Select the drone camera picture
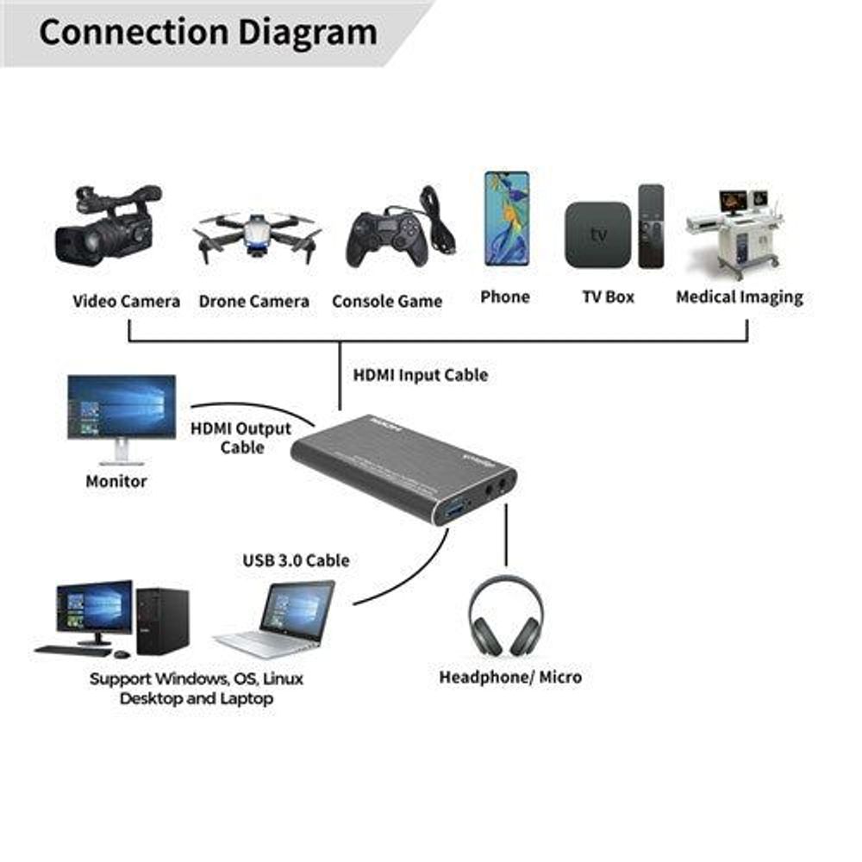[x=256, y=234]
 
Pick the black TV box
[x=597, y=234]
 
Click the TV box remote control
[x=651, y=226]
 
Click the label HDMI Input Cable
[x=420, y=375]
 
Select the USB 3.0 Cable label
[x=296, y=560]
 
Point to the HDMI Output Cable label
[x=240, y=437]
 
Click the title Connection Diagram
[x=208, y=33]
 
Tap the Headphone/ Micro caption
[x=510, y=677]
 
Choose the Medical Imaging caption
[x=739, y=297]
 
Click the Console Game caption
[x=387, y=302]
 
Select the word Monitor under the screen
[x=116, y=481]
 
